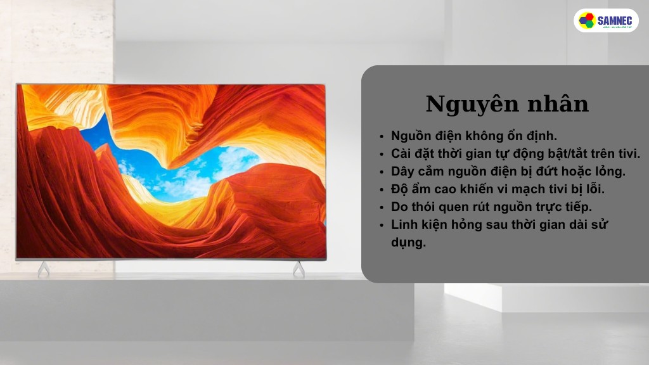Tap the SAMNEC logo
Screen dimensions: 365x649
[606, 20]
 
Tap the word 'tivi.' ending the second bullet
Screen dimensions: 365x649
[627, 153]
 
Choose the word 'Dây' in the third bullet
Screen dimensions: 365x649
[403, 171]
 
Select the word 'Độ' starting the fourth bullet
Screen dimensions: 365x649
[400, 189]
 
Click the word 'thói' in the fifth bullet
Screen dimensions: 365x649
[426, 207]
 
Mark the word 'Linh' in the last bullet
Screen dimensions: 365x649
[404, 224]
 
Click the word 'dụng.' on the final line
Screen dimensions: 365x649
[408, 242]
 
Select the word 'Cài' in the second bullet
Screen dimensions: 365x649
[401, 153]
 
